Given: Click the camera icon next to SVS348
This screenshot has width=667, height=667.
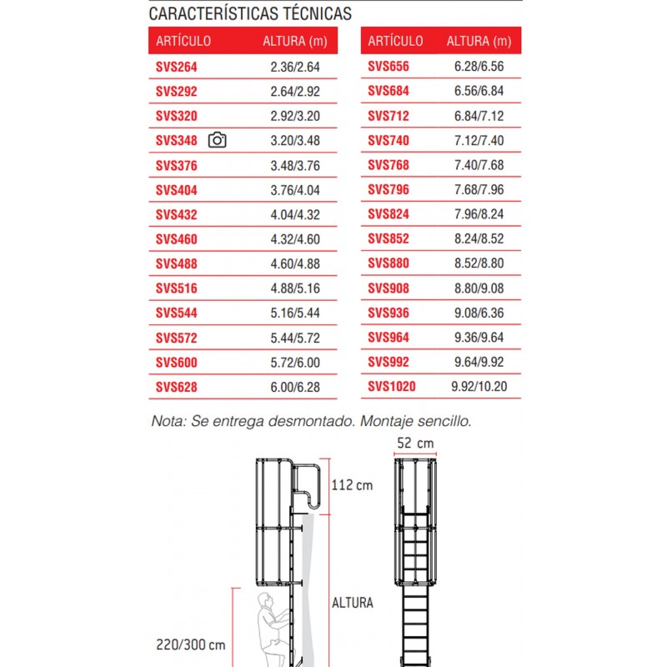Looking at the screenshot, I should pos(218,140).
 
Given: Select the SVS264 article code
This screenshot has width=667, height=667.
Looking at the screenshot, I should pos(177,67).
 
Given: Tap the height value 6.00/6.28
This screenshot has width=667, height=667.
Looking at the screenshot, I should pos(296,388).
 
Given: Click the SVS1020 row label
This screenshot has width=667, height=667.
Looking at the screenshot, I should pos(392,387).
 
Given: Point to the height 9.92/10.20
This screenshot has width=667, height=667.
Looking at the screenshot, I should pos(479,387).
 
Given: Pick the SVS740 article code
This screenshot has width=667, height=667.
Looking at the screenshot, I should pos(389,140).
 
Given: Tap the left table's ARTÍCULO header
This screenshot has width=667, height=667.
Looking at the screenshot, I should pos(183,41).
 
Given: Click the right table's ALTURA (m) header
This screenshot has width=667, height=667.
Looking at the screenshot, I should pos(479,41).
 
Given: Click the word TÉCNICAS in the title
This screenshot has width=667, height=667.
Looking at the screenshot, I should pos(309,14).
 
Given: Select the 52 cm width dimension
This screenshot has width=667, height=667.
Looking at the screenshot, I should pos(414,443).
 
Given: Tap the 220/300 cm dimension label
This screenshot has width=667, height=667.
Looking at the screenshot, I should pos(191,644).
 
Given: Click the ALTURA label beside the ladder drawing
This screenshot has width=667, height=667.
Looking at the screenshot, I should pos(353,603).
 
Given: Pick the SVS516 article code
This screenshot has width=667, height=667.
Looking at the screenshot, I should pos(177,288).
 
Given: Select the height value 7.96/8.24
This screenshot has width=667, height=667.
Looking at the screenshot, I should pos(479,214).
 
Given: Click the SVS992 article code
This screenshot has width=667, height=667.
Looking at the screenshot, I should pos(389,362).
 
